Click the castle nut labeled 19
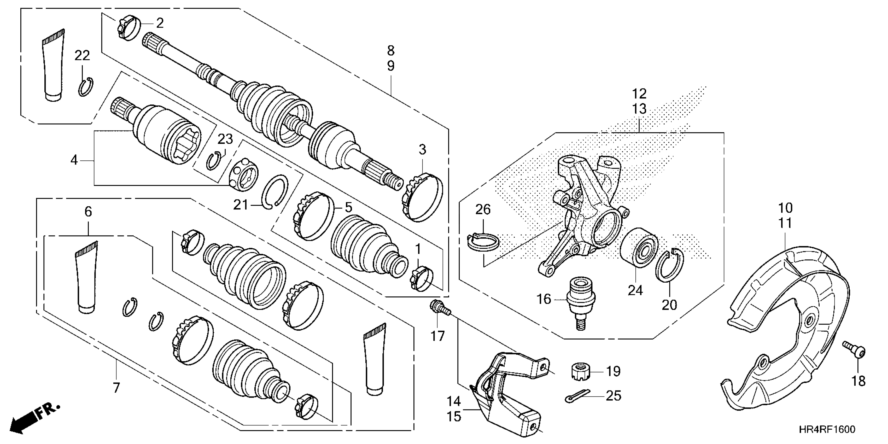pos(581,372)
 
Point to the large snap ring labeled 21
pos(274,192)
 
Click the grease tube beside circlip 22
pos(53,66)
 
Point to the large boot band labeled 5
pos(313,216)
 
